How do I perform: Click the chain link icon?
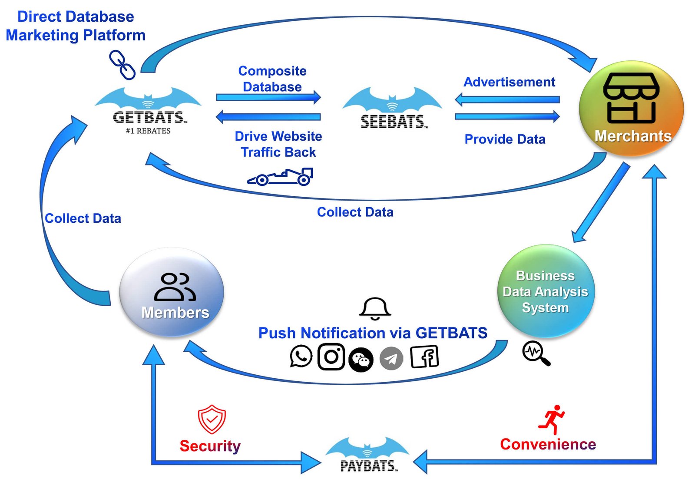point(122,65)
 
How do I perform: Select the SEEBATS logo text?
point(394,121)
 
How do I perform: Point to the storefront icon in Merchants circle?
point(631,98)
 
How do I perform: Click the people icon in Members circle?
point(175,287)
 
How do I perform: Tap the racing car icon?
point(280,177)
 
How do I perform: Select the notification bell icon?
point(375,309)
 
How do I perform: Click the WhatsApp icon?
point(301,356)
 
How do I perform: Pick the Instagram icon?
point(331,357)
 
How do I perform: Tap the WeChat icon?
point(361,360)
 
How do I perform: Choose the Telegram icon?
point(391,358)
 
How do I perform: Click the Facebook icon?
point(424,357)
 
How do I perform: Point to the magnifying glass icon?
point(536,353)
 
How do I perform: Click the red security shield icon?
point(212,419)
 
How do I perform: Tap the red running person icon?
point(552,420)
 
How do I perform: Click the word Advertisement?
point(509,82)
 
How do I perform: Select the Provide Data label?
point(505,139)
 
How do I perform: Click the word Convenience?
point(548,444)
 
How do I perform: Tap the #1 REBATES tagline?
point(148,131)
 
